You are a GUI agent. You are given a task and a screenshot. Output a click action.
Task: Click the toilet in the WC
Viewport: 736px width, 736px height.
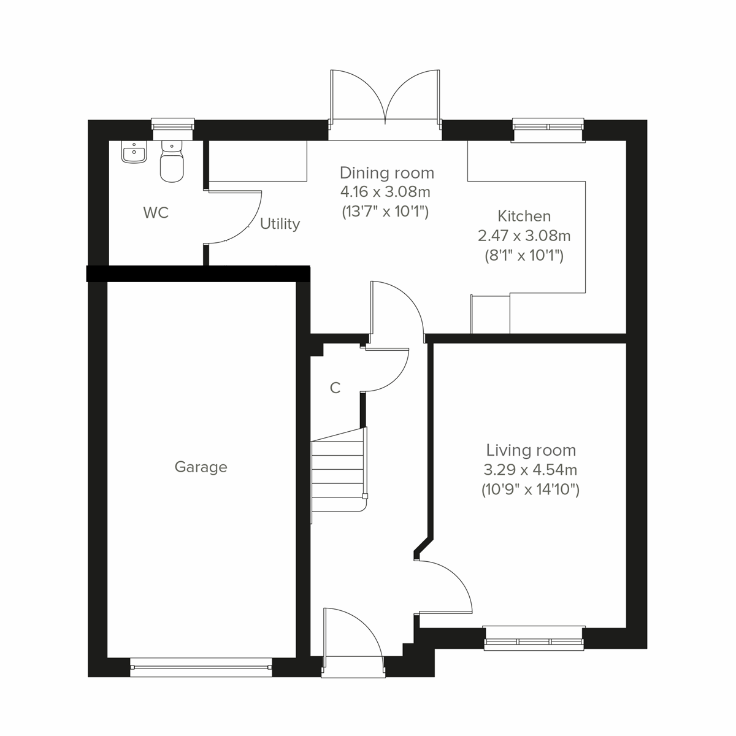pyautogui.click(x=172, y=162)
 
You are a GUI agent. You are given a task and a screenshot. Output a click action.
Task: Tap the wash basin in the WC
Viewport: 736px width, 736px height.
pyautogui.click(x=134, y=153)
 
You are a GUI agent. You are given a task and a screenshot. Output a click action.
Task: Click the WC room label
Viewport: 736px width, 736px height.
pyautogui.click(x=156, y=213)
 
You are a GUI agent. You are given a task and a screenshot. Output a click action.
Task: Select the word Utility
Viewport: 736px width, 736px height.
pyautogui.click(x=280, y=224)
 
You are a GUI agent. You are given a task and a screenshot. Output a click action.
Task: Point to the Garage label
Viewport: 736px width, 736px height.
pyautogui.click(x=201, y=467)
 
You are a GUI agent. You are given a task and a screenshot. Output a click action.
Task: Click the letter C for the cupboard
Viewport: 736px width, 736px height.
pyautogui.click(x=335, y=388)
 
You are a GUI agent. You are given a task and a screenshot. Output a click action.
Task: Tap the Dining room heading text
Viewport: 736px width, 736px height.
pyautogui.click(x=386, y=173)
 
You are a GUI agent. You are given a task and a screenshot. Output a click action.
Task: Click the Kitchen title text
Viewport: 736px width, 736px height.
pyautogui.click(x=524, y=217)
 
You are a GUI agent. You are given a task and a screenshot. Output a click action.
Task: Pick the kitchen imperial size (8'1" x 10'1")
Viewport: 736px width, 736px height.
pyautogui.click(x=524, y=255)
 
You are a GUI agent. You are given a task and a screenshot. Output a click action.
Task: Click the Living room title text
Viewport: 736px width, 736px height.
pyautogui.click(x=531, y=450)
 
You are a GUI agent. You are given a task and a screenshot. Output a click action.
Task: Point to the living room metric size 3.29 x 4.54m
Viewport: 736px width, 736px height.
pyautogui.click(x=531, y=470)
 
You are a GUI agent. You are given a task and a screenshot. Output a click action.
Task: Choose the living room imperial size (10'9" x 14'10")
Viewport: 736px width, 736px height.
pyautogui.click(x=531, y=490)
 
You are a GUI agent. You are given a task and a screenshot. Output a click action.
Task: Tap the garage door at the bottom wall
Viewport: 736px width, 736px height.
pyautogui.click(x=201, y=668)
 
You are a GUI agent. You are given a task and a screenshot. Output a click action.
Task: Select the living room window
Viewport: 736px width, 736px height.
pyautogui.click(x=534, y=638)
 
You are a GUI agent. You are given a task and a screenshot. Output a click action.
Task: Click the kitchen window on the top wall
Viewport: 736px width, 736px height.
pyautogui.click(x=548, y=130)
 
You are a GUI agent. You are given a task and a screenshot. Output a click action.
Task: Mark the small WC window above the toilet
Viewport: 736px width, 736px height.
pyautogui.click(x=172, y=125)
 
